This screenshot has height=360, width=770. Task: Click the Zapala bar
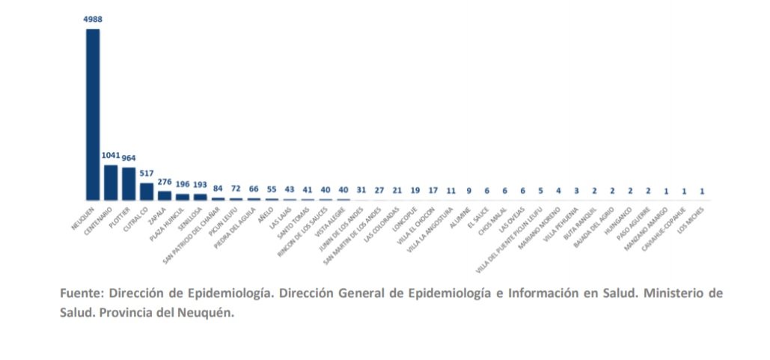click(x=165, y=195)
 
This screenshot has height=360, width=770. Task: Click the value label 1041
click(x=111, y=156)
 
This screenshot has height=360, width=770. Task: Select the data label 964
click(x=129, y=158)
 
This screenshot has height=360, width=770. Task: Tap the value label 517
click(x=147, y=174)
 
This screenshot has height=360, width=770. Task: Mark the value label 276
click(x=165, y=182)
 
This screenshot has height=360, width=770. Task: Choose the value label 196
click(x=183, y=185)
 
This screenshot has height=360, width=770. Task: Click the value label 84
click(x=219, y=189)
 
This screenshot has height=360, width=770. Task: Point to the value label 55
click(x=272, y=189)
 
